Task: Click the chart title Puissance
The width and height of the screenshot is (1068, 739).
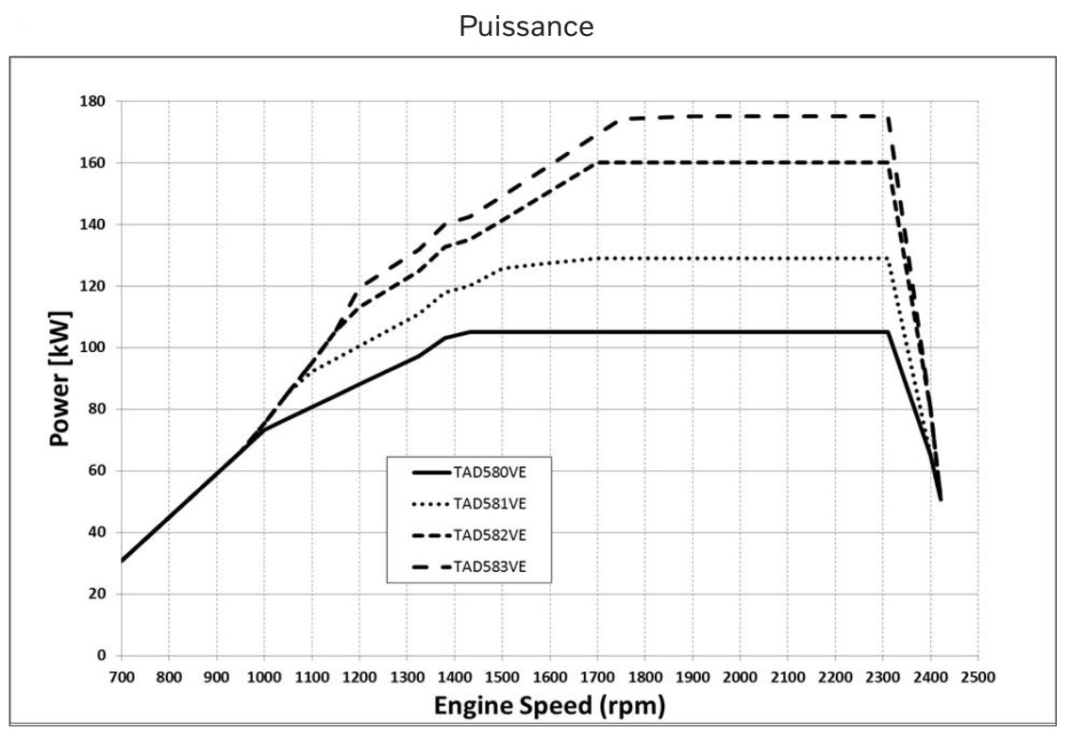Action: (526, 27)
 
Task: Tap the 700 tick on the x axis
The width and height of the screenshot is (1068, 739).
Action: (121, 676)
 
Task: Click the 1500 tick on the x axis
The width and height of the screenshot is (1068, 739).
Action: (502, 676)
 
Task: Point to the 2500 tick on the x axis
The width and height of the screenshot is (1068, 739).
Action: (977, 676)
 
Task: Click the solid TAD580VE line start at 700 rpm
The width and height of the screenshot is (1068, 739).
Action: (122, 561)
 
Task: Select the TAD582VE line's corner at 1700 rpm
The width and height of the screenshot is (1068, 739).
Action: (597, 162)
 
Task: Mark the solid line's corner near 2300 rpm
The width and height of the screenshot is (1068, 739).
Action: (887, 331)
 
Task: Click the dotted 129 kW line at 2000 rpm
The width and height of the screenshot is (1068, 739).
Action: (740, 258)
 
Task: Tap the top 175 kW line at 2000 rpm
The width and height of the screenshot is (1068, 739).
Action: (740, 116)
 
